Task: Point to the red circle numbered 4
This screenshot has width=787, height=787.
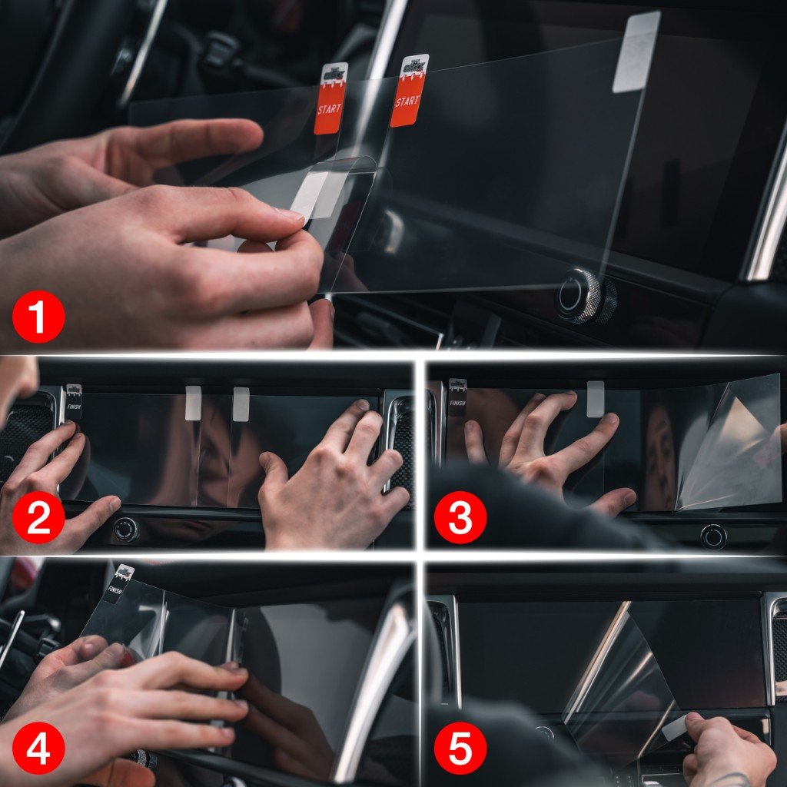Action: [38, 748]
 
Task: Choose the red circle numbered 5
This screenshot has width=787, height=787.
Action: [459, 748]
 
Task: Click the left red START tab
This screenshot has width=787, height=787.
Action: [330, 100]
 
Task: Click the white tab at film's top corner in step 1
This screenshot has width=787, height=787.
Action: [636, 52]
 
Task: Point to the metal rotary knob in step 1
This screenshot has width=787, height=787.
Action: [586, 295]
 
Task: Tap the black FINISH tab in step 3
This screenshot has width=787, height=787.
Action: [457, 397]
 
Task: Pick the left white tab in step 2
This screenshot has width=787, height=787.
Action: [193, 403]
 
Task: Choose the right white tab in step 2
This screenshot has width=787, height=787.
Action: [241, 403]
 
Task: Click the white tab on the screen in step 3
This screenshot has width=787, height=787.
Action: [595, 399]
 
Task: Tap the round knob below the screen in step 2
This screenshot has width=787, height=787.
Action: [126, 529]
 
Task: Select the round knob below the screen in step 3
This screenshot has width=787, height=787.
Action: [713, 536]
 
